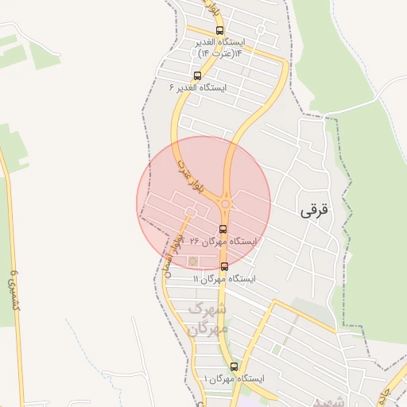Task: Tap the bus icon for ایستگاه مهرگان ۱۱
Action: click(224, 266)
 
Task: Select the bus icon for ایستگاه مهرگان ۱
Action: click(234, 366)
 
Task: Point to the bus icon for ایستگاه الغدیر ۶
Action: click(196, 76)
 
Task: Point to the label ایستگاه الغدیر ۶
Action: click(199, 87)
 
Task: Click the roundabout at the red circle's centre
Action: click(226, 204)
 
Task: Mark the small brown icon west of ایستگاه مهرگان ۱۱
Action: click(192, 260)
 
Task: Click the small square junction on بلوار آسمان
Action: click(189, 211)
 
